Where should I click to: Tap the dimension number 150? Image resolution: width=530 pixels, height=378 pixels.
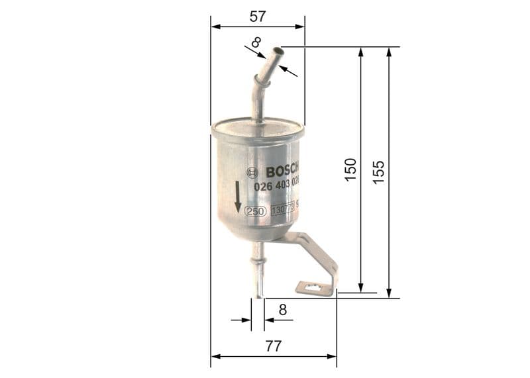click(351, 170)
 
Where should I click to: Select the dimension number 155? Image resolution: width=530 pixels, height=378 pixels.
click(379, 172)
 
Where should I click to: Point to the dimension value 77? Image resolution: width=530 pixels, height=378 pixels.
click(273, 346)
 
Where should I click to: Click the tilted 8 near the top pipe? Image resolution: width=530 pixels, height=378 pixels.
click(256, 43)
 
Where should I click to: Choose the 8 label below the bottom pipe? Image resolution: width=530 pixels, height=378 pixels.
click(282, 309)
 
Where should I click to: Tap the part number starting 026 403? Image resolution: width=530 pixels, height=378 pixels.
click(277, 187)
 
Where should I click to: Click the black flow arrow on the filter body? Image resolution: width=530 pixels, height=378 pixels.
click(237, 197)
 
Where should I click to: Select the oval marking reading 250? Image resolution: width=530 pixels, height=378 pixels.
click(256, 211)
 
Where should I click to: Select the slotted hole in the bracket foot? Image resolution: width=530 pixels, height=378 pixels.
click(311, 287)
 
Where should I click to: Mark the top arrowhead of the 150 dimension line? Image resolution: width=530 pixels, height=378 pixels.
click(361, 52)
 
